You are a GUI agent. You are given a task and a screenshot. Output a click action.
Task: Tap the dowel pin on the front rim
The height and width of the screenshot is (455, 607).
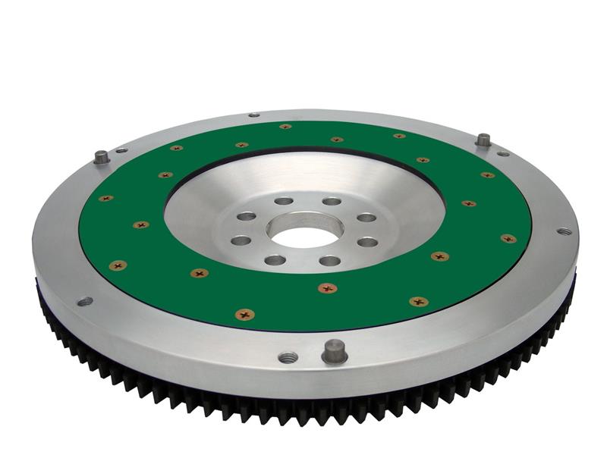(334, 350)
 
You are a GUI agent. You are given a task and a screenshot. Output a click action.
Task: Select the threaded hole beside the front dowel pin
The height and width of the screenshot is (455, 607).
(288, 356)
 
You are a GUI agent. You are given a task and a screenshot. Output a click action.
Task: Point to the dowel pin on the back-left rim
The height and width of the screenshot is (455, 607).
(101, 157)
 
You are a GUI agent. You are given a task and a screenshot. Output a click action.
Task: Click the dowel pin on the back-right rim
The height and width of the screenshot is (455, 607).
(483, 140)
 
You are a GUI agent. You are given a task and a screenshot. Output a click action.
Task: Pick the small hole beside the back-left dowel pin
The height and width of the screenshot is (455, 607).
(121, 150)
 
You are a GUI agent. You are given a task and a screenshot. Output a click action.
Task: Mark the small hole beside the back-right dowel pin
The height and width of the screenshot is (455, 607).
(503, 153)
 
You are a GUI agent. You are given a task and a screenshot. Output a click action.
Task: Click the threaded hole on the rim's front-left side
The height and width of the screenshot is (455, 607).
(84, 301)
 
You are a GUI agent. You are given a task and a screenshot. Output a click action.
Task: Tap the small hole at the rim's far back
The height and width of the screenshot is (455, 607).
(254, 115)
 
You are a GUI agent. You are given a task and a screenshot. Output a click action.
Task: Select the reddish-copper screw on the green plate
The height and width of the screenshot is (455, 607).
(328, 288)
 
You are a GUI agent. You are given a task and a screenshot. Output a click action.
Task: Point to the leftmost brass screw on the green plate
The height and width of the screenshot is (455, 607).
(105, 199)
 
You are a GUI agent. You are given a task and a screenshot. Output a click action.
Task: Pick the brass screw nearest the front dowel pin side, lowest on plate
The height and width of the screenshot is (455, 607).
(244, 314)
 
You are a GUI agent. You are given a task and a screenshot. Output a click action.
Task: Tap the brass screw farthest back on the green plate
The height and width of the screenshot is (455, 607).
(285, 127)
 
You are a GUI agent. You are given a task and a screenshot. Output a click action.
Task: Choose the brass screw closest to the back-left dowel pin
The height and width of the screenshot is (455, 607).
(176, 148)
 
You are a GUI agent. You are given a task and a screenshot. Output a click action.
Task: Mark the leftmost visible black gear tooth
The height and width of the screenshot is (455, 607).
(39, 288)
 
